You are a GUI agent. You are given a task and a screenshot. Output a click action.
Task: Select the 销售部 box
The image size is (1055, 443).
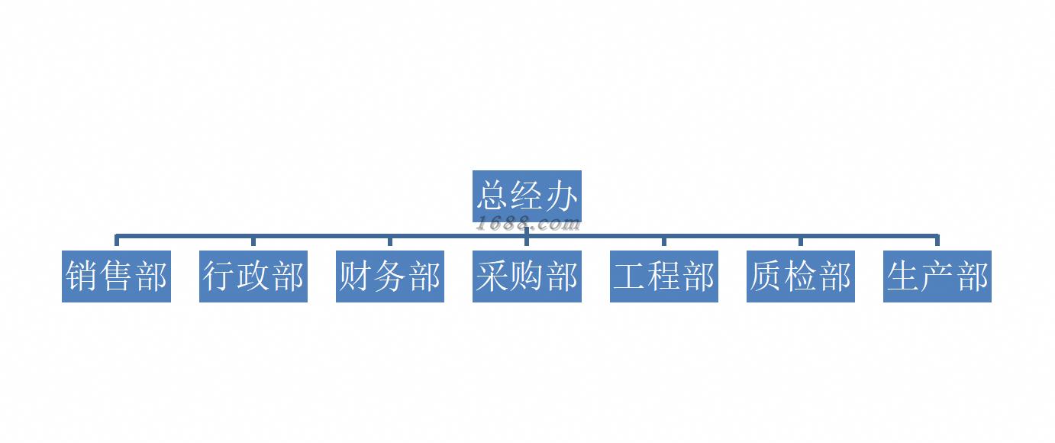[x=116, y=276]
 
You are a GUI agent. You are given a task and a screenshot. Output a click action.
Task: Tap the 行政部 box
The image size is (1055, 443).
[x=253, y=276]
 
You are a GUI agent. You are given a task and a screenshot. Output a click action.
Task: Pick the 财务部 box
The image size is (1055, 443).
[x=389, y=276]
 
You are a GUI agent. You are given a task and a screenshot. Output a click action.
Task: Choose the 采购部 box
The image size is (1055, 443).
[x=527, y=276]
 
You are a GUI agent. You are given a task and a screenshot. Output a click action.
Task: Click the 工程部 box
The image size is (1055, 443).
[x=663, y=276]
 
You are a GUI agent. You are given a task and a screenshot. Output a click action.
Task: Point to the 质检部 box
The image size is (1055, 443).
[x=800, y=276]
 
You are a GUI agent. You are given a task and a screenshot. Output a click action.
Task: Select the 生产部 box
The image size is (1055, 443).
[x=937, y=276]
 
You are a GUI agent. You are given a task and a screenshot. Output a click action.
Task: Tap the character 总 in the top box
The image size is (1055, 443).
[x=492, y=196]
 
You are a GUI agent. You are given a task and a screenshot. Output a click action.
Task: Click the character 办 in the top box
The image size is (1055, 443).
[x=561, y=196]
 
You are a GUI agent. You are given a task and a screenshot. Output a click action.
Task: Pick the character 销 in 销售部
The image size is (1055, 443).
[x=82, y=276]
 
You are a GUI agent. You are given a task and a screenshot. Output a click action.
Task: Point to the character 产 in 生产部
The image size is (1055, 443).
[x=937, y=276]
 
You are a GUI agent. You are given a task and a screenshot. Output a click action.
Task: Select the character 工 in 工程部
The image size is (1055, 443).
[x=629, y=276]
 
